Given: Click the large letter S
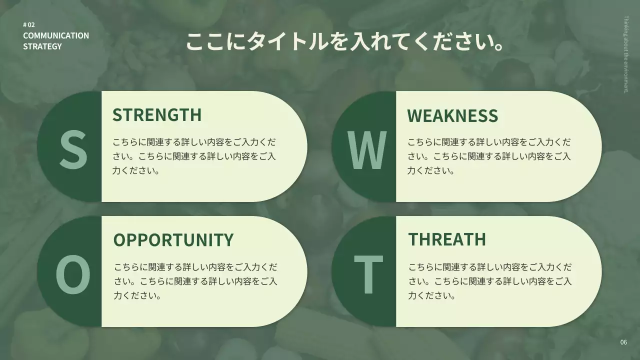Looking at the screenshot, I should click(x=73, y=148).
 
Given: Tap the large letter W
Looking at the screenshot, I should click(x=367, y=149).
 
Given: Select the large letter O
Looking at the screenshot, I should click(x=73, y=273).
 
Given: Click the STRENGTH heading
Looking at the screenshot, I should click(x=156, y=114).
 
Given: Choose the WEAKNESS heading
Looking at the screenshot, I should click(x=452, y=115).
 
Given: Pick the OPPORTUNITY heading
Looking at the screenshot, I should click(x=173, y=239).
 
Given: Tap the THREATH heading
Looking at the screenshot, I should click(x=447, y=239).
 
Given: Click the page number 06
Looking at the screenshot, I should click(x=623, y=342).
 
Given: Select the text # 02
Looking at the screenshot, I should click(x=29, y=25).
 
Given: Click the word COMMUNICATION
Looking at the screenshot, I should click(x=56, y=35).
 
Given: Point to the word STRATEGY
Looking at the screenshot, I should click(x=42, y=46).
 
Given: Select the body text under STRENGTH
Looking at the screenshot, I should click(x=194, y=156).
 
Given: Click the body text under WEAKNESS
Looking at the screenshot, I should click(x=489, y=156).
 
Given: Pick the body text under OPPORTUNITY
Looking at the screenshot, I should click(x=195, y=281).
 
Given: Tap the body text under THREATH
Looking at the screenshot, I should click(x=490, y=281).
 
